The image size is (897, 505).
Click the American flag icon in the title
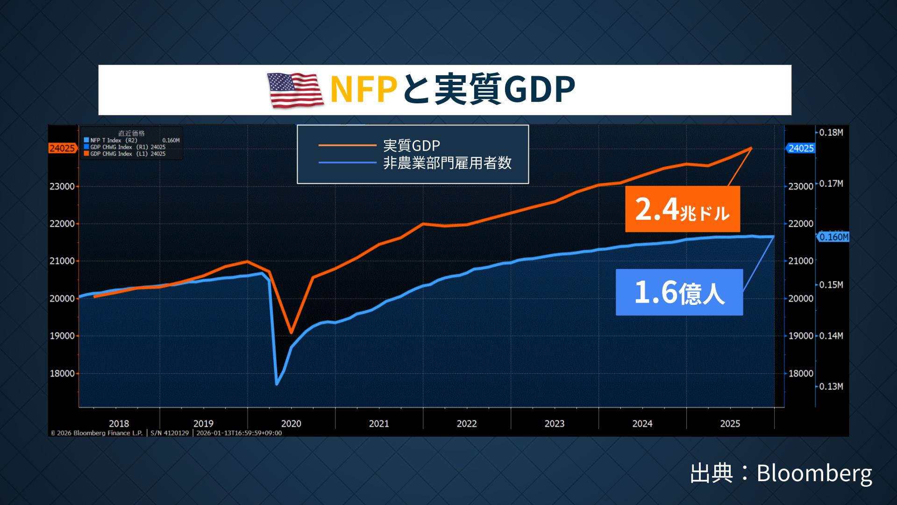295,90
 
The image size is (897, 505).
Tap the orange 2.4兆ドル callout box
682,209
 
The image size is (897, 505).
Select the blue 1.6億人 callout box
679,292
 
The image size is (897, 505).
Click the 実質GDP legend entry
411,146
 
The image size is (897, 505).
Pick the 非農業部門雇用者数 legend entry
447,163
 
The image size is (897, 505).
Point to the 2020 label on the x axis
291,424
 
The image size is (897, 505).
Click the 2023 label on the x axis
555,424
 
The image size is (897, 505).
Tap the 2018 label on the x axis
119,424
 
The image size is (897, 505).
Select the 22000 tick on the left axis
62,224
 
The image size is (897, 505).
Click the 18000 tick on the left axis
62,374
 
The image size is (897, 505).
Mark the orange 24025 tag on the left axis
62,149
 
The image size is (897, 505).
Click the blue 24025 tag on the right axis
801,148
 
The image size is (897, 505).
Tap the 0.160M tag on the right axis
834,237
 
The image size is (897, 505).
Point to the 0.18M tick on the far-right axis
831,132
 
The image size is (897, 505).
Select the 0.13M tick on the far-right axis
831,387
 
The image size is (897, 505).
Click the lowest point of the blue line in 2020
277,384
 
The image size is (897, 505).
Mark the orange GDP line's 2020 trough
291,333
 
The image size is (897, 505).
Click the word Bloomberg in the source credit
814,473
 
